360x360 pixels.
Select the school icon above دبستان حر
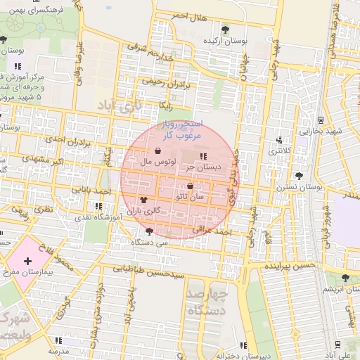pyautogui.click(x=202, y=156)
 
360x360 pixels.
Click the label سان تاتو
pyautogui.click(x=191, y=198)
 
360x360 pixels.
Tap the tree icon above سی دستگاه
pyautogui.click(x=148, y=231)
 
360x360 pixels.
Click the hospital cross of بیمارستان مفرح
pyautogui.click(x=27, y=261)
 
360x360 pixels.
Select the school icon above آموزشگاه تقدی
pyautogui.click(x=98, y=206)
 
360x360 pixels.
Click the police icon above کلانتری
pyautogui.click(x=280, y=140)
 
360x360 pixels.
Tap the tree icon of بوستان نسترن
pyautogui.click(x=300, y=176)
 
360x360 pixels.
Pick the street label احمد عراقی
pyautogui.click(x=233, y=231)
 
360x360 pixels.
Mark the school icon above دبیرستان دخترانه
pyautogui.click(x=243, y=345)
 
